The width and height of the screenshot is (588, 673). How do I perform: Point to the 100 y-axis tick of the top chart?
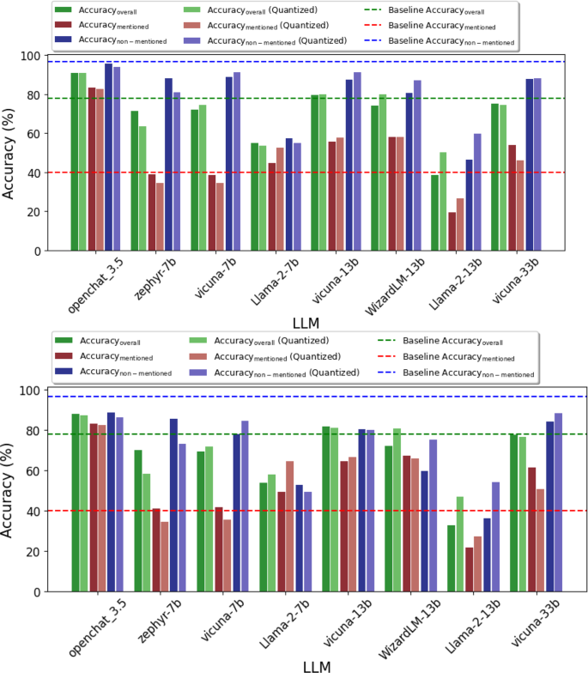31,56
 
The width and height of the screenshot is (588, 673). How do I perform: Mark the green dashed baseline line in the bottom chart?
343,434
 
